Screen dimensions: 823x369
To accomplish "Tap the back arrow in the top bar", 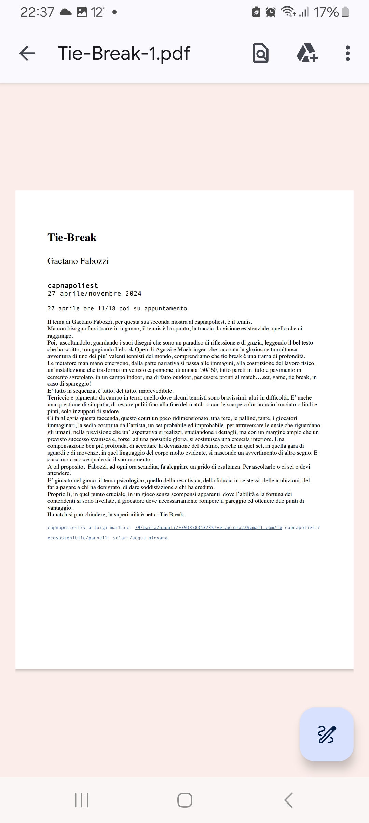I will (x=27, y=53).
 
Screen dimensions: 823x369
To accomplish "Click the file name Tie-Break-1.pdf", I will (x=124, y=53).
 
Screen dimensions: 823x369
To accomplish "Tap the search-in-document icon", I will (x=261, y=53).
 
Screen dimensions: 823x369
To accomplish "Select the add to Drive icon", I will (x=307, y=53).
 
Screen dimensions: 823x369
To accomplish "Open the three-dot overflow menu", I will (x=347, y=53).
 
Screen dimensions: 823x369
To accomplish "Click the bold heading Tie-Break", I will (x=72, y=238).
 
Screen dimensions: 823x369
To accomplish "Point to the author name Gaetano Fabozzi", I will (x=78, y=261).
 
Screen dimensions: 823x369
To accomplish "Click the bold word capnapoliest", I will (x=73, y=286).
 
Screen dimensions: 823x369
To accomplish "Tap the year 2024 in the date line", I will (x=133, y=294).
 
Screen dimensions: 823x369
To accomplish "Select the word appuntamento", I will (x=166, y=309).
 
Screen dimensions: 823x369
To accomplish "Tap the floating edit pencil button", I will (x=327, y=734).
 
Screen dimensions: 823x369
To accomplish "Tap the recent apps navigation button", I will (x=82, y=800).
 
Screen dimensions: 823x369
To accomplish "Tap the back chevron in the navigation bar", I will (x=288, y=800).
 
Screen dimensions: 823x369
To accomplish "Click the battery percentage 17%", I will (x=326, y=12).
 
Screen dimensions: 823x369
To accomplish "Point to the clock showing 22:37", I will (x=37, y=12).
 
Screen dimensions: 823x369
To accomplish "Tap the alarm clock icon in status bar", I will (x=271, y=12).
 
